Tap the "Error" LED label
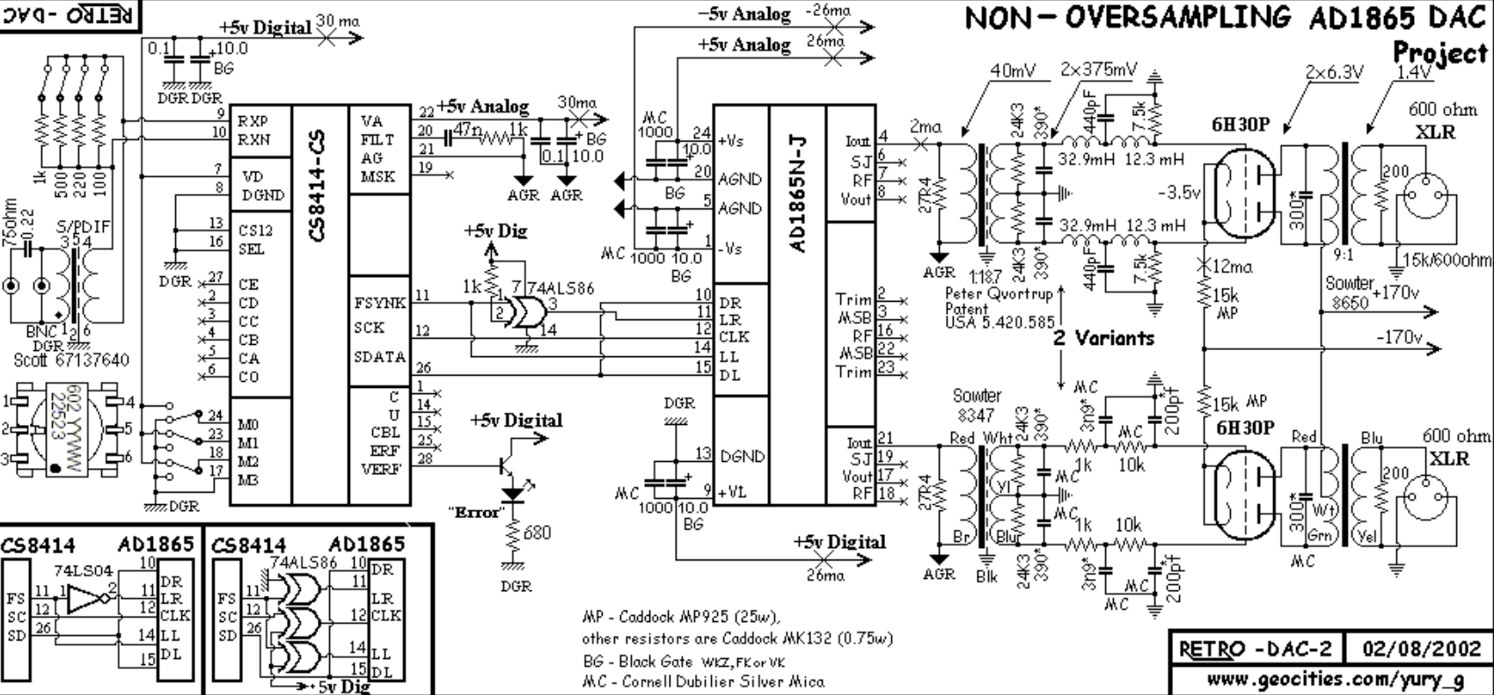pyautogui.click(x=474, y=511)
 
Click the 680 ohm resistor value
pyautogui.click(x=537, y=533)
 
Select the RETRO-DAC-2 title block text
pyautogui.click(x=1254, y=650)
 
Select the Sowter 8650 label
pyautogui.click(x=1349, y=292)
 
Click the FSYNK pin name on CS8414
pyautogui.click(x=379, y=303)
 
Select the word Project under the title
pyautogui.click(x=1439, y=53)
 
